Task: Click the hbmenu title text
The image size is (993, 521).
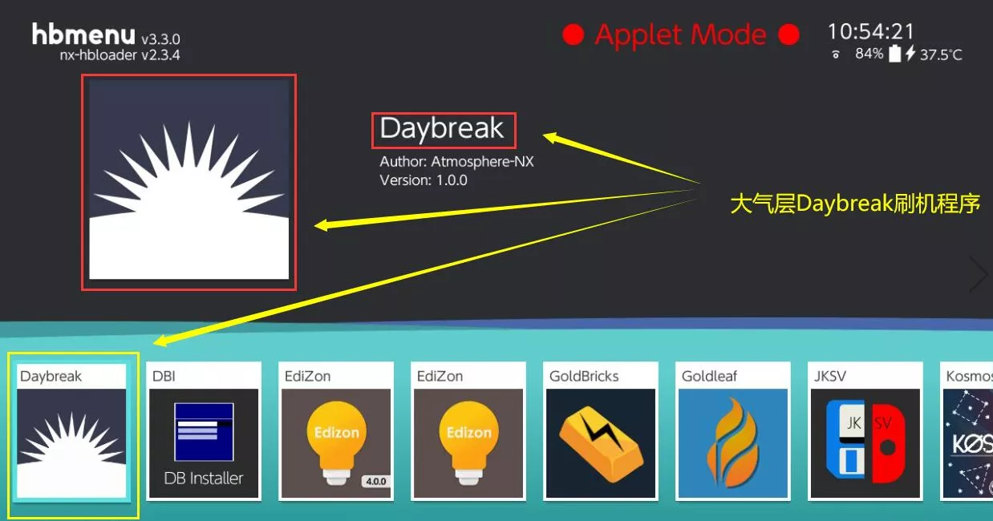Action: (83, 34)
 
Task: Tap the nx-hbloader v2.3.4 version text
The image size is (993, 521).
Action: (120, 55)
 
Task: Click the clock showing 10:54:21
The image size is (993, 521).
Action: (871, 32)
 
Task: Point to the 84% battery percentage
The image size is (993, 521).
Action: (869, 54)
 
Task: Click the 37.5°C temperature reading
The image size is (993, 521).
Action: (941, 55)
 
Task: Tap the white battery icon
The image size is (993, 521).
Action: (895, 53)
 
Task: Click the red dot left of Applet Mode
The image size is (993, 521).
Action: (573, 34)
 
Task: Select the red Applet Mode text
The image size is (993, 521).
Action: (680, 35)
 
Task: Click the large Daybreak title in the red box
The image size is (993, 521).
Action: (441, 129)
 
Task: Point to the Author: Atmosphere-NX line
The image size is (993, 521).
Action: (456, 161)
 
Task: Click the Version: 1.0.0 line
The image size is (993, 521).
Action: (424, 180)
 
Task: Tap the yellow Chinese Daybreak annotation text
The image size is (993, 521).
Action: (855, 204)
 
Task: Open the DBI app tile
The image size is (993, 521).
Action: (204, 431)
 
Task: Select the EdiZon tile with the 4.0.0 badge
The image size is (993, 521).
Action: (336, 431)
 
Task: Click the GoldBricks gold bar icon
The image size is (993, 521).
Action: (601, 443)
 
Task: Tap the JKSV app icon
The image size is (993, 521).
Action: (865, 443)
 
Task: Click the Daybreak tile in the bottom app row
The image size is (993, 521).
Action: (71, 431)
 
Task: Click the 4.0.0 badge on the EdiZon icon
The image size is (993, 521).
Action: (376, 481)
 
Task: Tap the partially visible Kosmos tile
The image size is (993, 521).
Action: (967, 431)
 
